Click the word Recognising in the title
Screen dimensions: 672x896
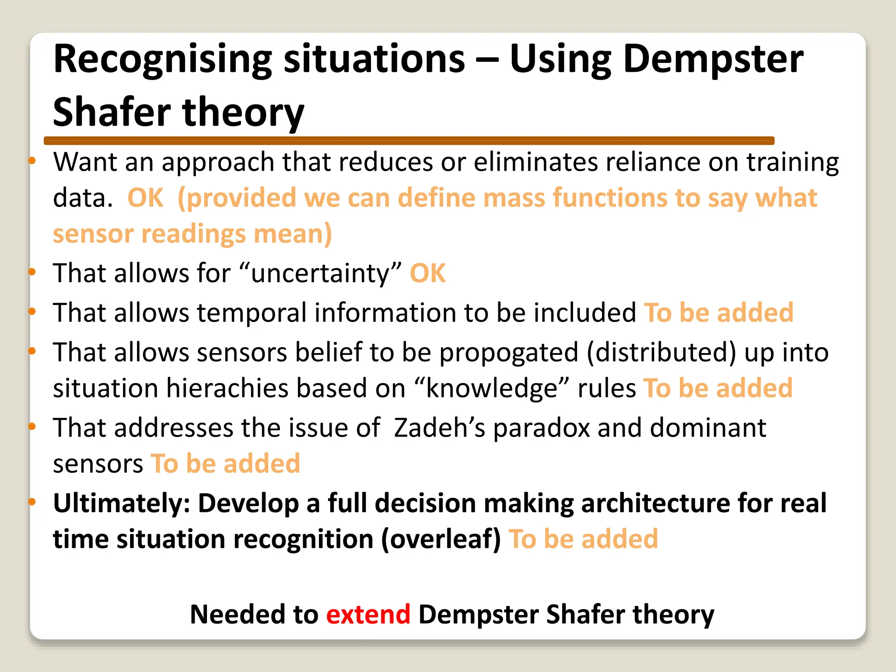point(162,60)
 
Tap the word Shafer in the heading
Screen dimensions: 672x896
point(112,112)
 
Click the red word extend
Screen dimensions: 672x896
point(368,614)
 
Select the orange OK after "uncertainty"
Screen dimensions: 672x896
point(427,273)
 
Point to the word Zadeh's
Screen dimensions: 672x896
point(439,427)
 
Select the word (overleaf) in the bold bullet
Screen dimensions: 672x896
point(441,539)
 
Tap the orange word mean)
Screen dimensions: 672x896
point(293,234)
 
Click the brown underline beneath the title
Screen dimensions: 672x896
point(409,140)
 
